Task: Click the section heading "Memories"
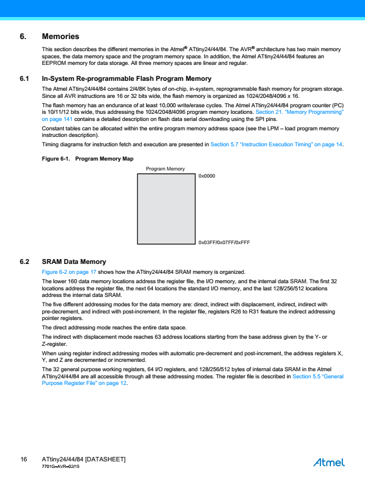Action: (60, 37)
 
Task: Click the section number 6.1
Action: (24, 79)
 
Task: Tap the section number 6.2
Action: (24, 262)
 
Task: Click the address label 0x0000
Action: (207, 176)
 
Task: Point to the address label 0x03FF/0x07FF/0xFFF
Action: (224, 242)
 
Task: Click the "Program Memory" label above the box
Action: (165, 169)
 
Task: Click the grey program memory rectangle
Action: (166, 208)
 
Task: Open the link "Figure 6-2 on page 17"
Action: (69, 272)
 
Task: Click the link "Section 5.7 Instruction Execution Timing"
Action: (276, 145)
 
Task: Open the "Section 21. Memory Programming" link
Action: (300, 112)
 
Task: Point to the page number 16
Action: (24, 459)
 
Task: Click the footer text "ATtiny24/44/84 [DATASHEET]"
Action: (84, 459)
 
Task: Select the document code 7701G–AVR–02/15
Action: (60, 466)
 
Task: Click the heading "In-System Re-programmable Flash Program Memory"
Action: (126, 79)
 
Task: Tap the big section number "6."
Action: (23, 37)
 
